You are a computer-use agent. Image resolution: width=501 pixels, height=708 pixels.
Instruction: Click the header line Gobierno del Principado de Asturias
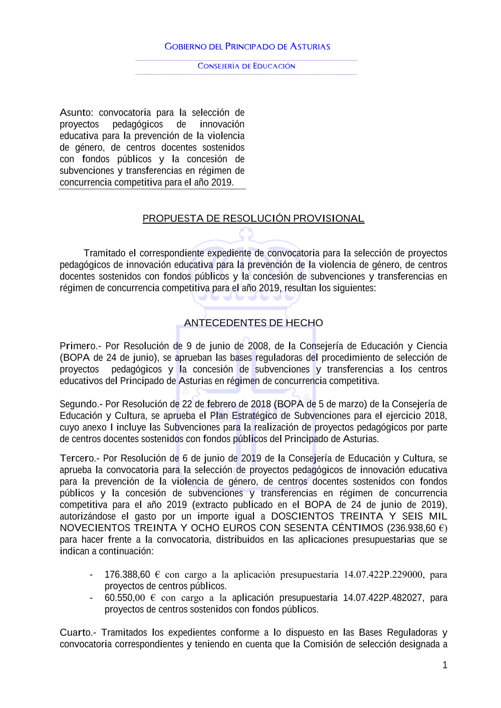[247, 47]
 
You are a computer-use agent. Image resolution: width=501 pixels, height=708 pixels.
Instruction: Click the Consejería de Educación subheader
[246, 66]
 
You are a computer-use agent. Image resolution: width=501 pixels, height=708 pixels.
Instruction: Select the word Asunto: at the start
[76, 113]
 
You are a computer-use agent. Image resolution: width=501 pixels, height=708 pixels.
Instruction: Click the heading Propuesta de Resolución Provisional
[253, 218]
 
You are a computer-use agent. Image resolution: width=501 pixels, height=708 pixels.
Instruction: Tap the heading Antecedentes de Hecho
[253, 323]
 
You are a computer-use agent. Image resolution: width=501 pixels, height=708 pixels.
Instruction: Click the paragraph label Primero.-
[80, 346]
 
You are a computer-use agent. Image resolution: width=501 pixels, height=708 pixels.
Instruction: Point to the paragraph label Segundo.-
[81, 404]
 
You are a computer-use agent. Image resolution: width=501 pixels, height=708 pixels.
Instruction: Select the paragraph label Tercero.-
[80, 458]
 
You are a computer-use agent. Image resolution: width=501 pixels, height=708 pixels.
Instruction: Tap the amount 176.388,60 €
[132, 574]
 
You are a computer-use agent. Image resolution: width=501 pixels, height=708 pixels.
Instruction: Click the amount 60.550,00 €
[130, 597]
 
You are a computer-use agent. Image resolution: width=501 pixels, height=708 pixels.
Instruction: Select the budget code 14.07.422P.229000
[383, 574]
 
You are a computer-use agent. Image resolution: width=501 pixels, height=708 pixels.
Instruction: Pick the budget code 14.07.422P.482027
[382, 597]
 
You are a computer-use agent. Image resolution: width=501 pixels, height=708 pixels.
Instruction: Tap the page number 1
[444, 665]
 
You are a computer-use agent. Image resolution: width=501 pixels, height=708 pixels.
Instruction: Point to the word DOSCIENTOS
[302, 516]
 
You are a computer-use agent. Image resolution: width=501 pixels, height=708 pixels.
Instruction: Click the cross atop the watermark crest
[246, 233]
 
